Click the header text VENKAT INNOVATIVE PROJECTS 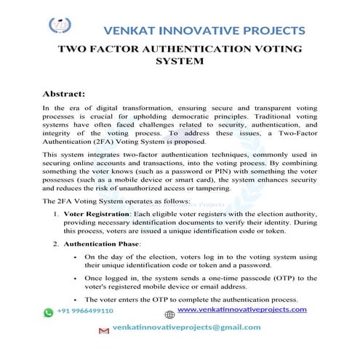coord(205,31)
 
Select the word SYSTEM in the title coord(180,63)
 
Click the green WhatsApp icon coord(49,311)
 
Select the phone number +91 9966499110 coord(87,311)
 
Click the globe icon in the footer coord(169,315)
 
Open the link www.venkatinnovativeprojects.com coord(242,309)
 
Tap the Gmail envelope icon coord(103,330)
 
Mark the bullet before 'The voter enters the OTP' coord(76,299)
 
